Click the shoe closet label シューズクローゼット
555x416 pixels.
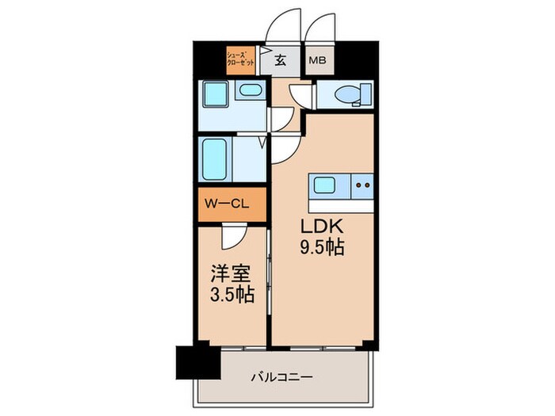click(x=240, y=59)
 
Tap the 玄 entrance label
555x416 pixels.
click(x=281, y=60)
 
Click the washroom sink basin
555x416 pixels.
click(x=251, y=90)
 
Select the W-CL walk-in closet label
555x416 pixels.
click(x=228, y=204)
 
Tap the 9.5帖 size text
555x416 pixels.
click(x=322, y=248)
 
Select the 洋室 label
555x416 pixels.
click(x=230, y=275)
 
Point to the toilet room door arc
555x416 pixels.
click(x=300, y=94)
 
